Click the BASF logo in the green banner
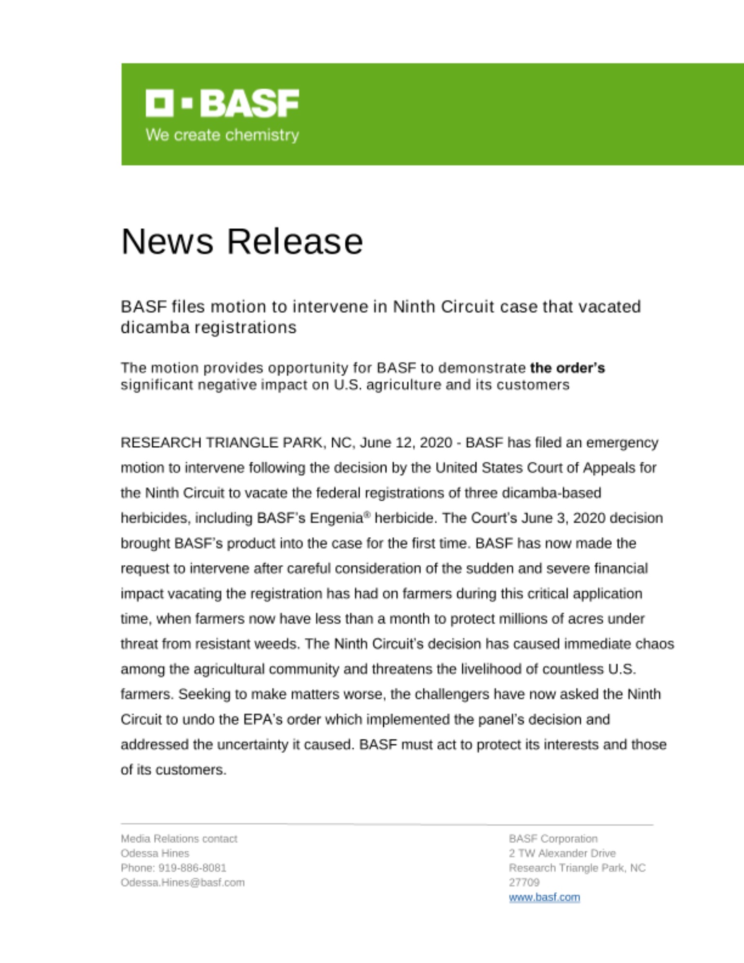222,103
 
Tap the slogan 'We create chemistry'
222,135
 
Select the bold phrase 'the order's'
567,368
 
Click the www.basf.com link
544,897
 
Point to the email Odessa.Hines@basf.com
183,883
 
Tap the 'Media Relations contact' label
179,839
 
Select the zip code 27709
524,883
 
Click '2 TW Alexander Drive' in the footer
562,853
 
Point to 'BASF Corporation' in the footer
553,839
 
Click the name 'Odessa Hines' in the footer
155,853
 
